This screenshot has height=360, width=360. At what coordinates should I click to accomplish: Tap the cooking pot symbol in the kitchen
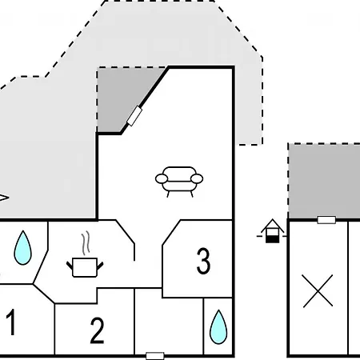tap(85, 267)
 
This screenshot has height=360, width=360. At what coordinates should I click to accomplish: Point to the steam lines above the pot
tap(86, 242)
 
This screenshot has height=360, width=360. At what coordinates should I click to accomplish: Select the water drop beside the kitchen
tap(22, 248)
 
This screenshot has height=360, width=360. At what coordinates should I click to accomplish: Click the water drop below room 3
tap(218, 327)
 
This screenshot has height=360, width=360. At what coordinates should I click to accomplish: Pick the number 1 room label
tap(11, 322)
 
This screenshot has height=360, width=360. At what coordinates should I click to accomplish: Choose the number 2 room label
tap(97, 330)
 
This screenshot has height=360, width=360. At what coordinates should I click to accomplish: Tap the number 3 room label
tap(203, 261)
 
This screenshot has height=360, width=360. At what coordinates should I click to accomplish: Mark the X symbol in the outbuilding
tap(318, 290)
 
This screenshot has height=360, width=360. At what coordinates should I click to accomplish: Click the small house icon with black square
tap(272, 231)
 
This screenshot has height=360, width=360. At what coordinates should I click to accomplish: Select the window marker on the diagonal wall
tap(134, 116)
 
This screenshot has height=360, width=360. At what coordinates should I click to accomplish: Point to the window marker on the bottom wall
tap(155, 356)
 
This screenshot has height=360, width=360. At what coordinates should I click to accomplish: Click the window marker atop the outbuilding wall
tap(326, 220)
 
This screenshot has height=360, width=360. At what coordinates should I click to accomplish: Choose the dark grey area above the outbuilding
tap(324, 181)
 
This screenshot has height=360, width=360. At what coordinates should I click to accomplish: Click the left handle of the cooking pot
tap(70, 266)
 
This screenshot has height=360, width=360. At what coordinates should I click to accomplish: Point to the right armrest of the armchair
tap(197, 178)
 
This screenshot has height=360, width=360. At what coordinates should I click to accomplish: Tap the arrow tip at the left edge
tap(9, 198)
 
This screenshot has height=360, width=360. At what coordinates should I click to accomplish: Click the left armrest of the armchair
tap(162, 178)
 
